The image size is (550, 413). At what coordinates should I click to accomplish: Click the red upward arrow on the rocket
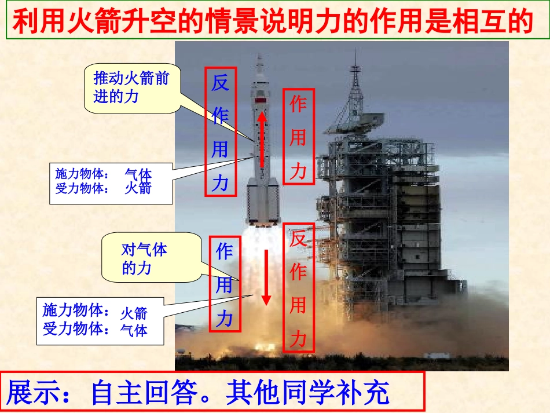[x=262, y=139]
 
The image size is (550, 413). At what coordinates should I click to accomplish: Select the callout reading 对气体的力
[x=144, y=258]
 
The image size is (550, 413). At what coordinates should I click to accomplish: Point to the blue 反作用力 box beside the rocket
[x=221, y=133]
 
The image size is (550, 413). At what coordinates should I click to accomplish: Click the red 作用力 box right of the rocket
[x=298, y=137]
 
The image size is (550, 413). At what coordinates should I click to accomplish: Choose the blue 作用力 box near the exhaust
[x=224, y=284]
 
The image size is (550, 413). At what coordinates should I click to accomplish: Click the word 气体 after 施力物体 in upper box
[x=138, y=174]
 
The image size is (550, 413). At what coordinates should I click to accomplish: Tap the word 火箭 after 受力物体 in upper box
[x=138, y=188]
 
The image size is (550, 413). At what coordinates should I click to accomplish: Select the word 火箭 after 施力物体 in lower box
[x=134, y=313]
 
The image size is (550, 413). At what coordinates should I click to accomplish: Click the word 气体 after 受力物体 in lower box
[x=134, y=330]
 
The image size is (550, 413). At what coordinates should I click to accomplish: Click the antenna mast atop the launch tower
[x=355, y=64]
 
